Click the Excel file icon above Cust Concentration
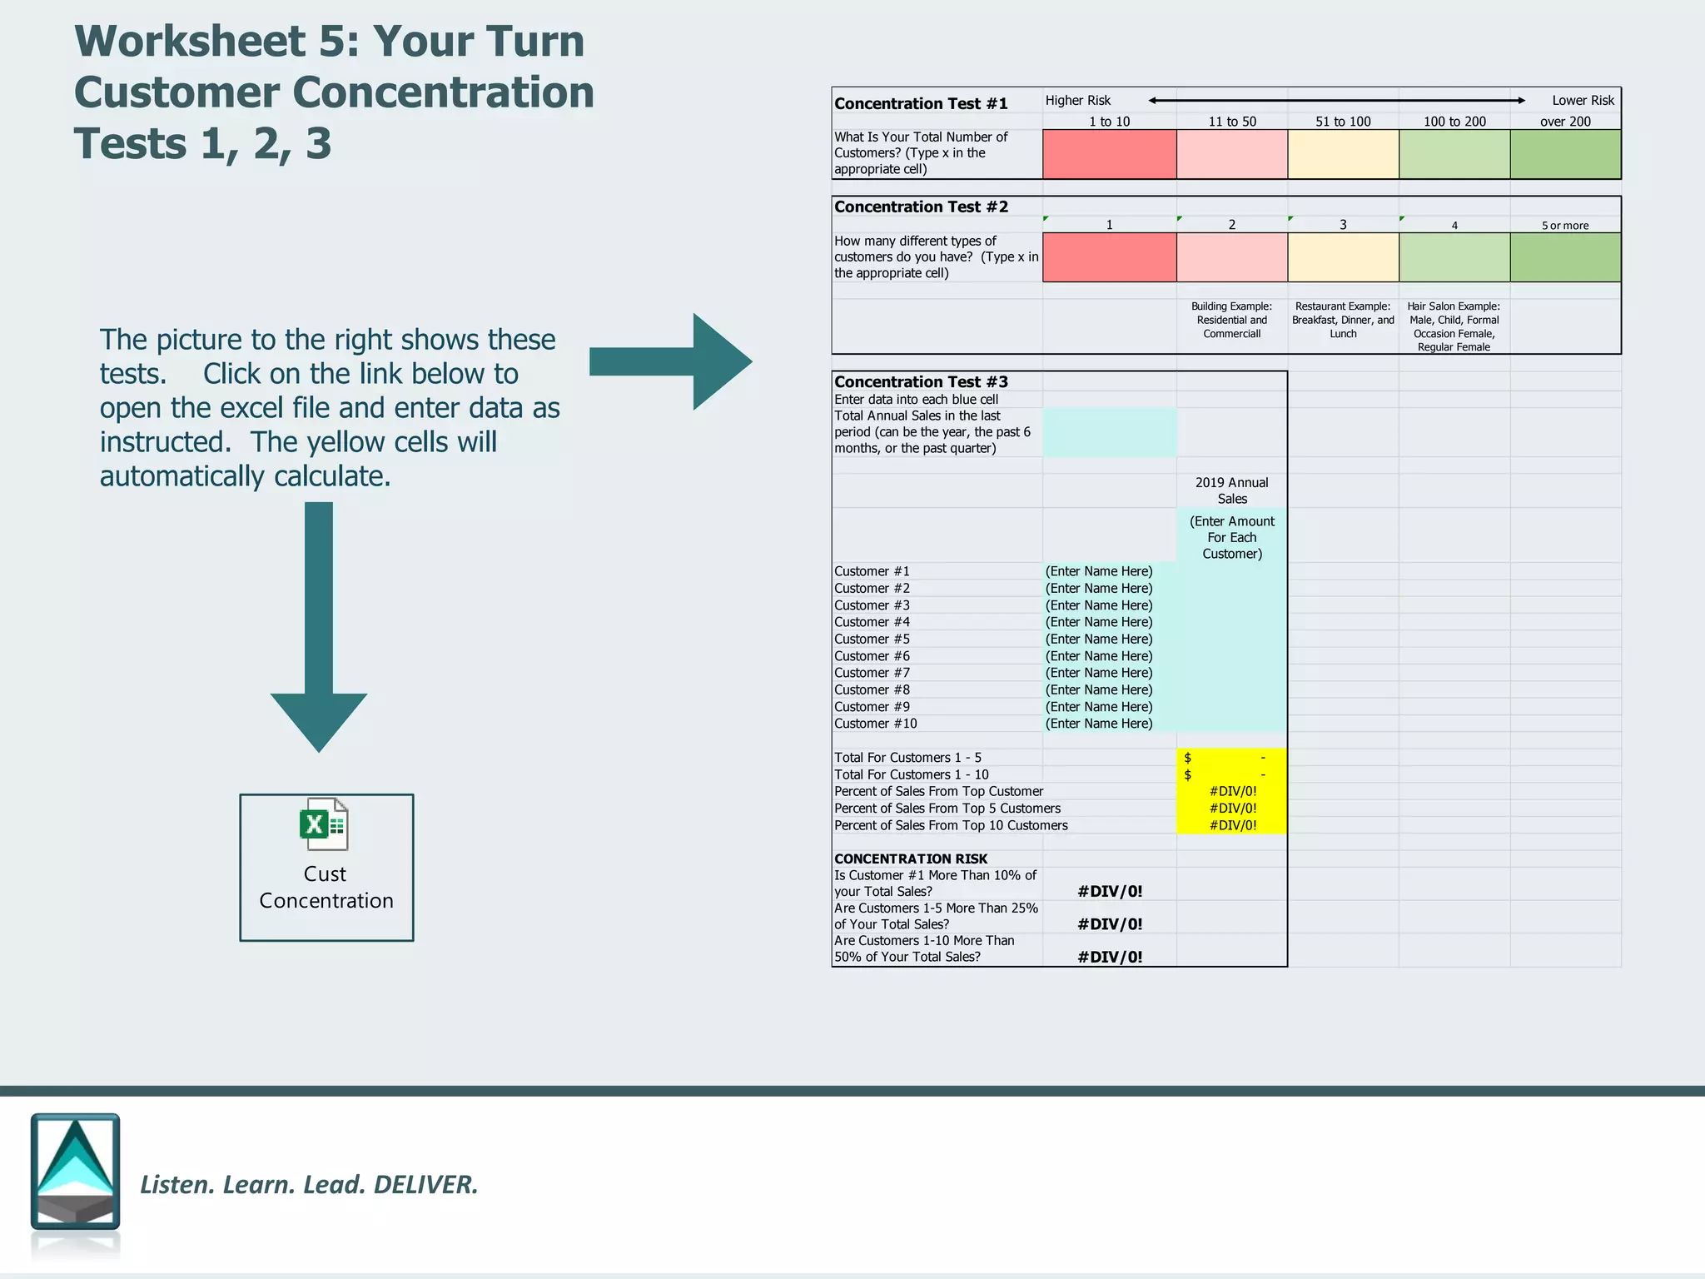click(324, 824)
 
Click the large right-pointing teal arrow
click(671, 361)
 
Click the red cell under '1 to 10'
click(1109, 154)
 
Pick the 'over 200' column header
click(1564, 122)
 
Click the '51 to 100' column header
click(1342, 122)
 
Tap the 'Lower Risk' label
click(1582, 100)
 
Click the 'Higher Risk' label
click(1077, 100)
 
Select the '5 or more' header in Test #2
click(1564, 226)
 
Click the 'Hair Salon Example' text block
click(1454, 326)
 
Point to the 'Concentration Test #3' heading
click(921, 381)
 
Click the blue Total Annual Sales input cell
click(1109, 432)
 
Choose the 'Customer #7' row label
click(872, 673)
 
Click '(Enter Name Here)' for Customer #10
click(1099, 724)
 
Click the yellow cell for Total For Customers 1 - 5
click(1231, 758)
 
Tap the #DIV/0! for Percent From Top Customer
click(1232, 792)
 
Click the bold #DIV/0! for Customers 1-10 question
click(1109, 957)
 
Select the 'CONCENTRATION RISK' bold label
click(911, 858)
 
